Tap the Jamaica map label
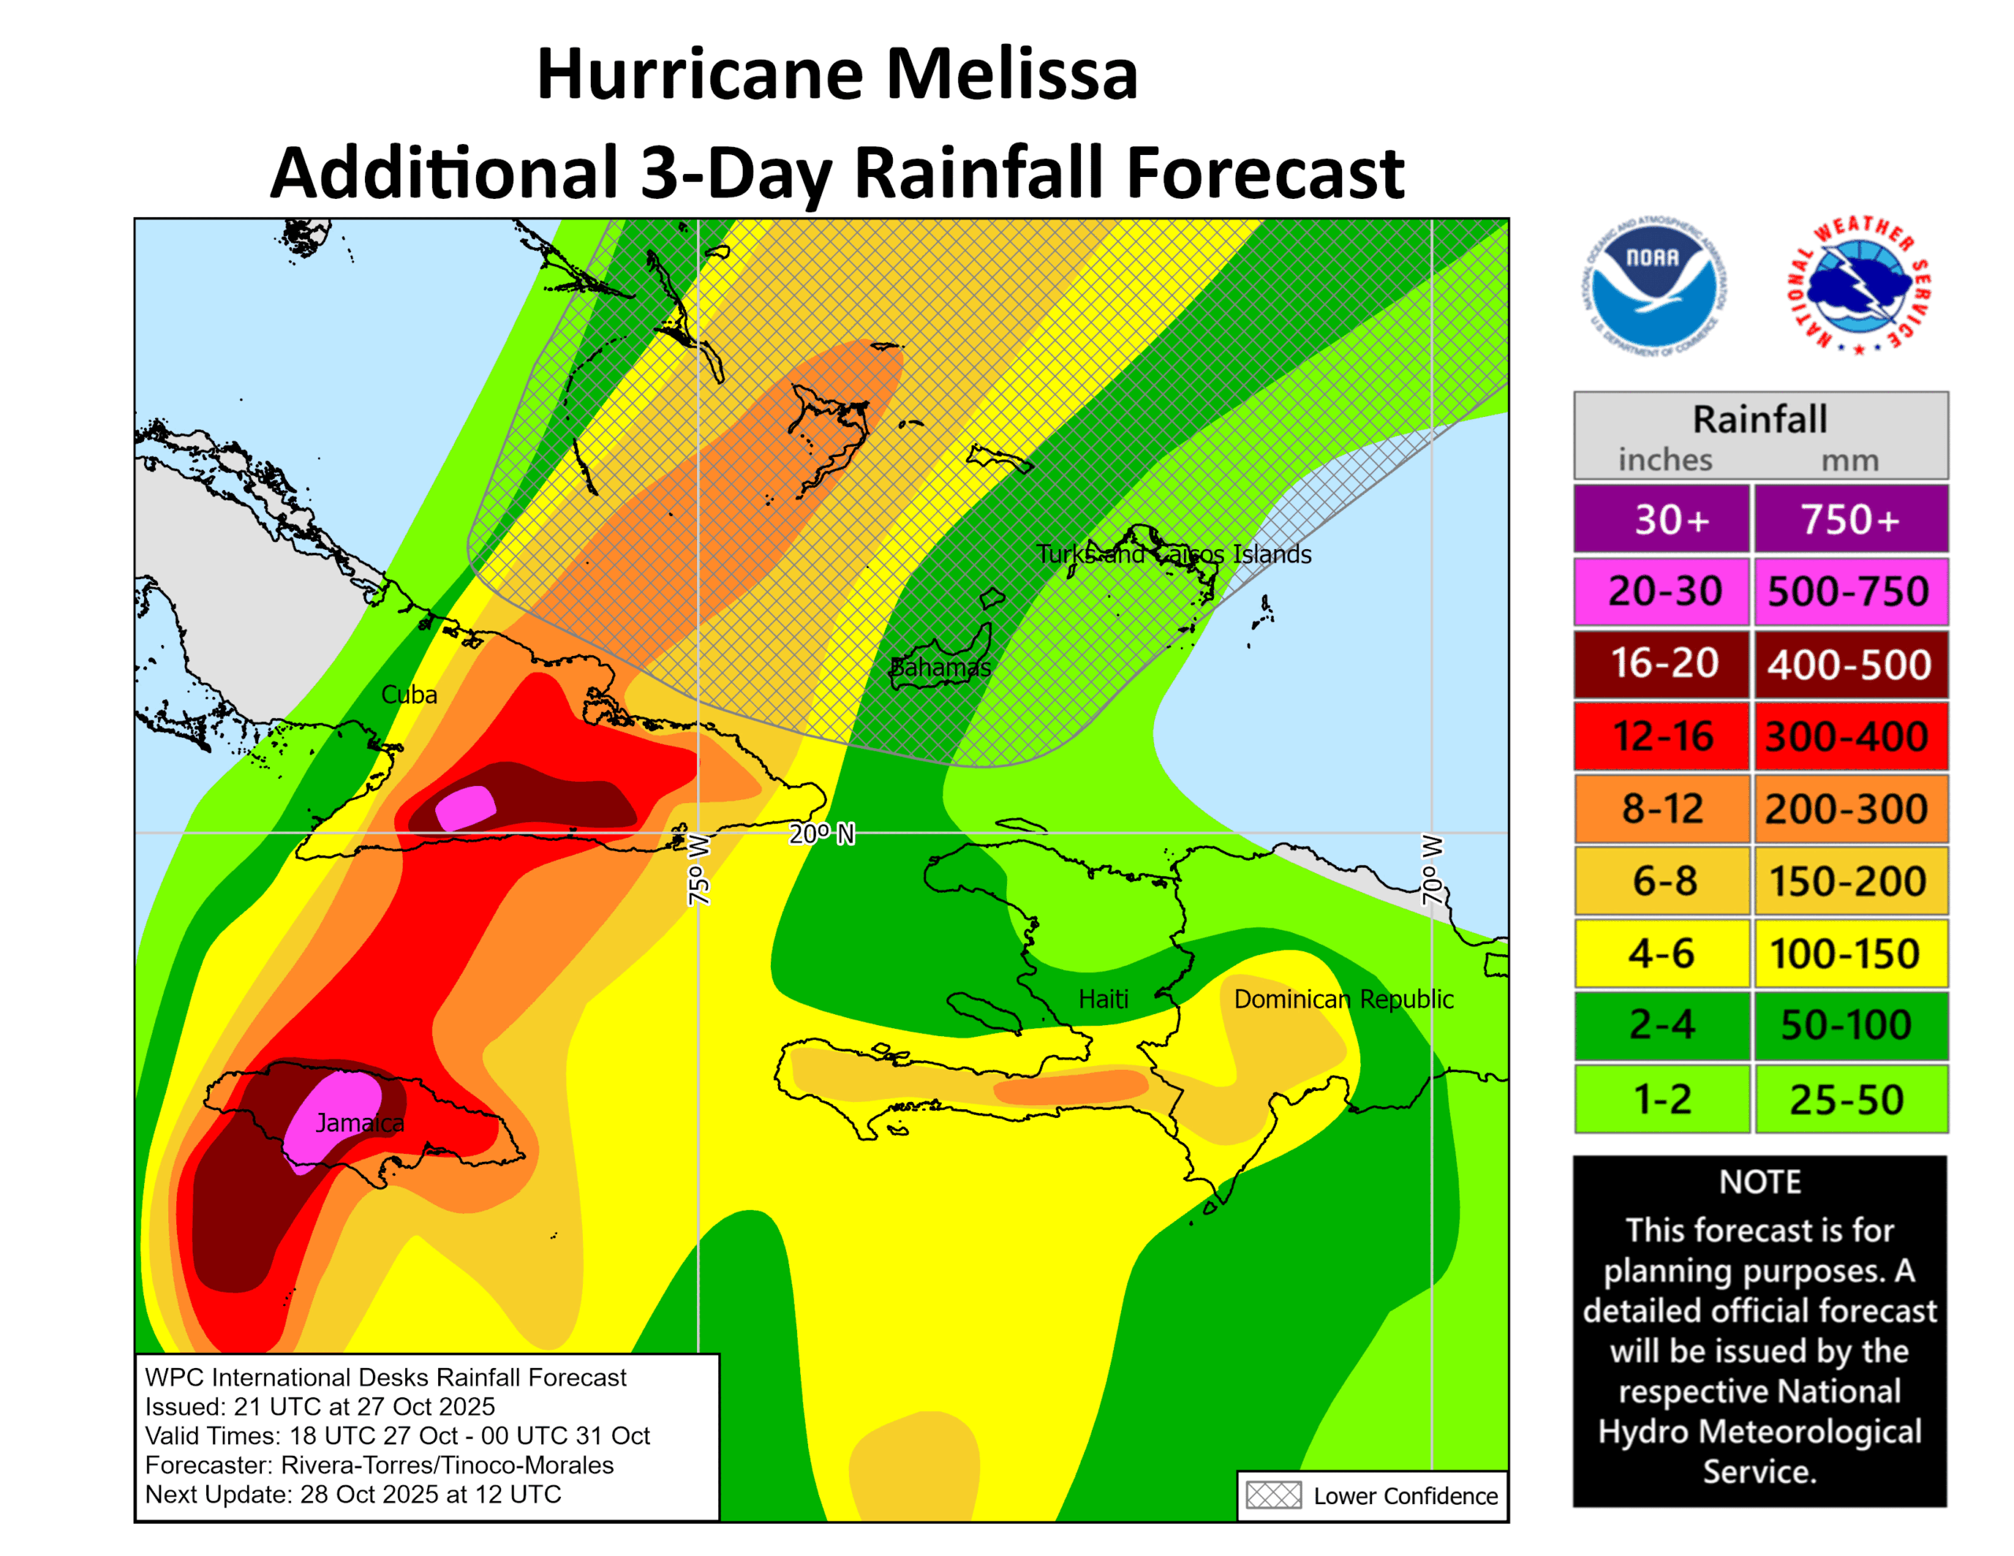[360, 1123]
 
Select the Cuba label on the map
[408, 695]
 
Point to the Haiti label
[1103, 999]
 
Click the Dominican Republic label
[1343, 999]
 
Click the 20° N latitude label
[821, 834]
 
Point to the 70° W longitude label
[1431, 870]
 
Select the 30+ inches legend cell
[1662, 519]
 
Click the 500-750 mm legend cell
[1849, 592]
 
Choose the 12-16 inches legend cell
[1662, 736]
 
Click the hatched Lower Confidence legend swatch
[1273, 1495]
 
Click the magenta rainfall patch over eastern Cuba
[466, 808]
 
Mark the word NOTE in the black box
[1759, 1182]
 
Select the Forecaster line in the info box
[379, 1465]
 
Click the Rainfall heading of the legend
[1759, 419]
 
